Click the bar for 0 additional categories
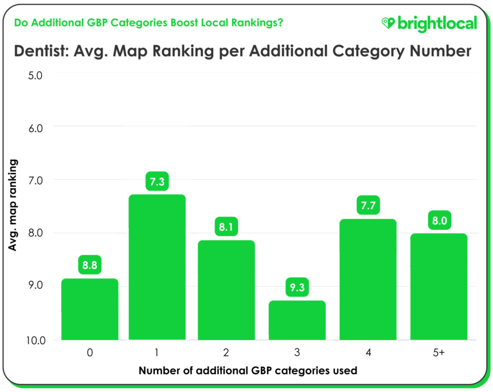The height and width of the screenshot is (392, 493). pyautogui.click(x=89, y=309)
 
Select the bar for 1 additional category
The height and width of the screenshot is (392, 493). pyautogui.click(x=157, y=267)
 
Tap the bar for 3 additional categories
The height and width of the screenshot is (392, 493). pyautogui.click(x=298, y=320)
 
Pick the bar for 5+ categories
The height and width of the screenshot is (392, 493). pyautogui.click(x=439, y=287)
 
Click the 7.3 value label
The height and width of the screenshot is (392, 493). pyautogui.click(x=157, y=182)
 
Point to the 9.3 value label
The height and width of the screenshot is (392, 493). pyautogui.click(x=298, y=288)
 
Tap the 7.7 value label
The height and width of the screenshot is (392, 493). pyautogui.click(x=368, y=206)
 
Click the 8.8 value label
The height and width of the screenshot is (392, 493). pyautogui.click(x=89, y=266)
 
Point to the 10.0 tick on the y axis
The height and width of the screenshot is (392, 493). pyautogui.click(x=34, y=340)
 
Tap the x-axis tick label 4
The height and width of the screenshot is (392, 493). pyautogui.click(x=368, y=353)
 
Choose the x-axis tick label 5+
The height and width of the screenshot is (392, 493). pyautogui.click(x=439, y=353)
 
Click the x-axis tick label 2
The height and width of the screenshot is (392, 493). pyautogui.click(x=227, y=353)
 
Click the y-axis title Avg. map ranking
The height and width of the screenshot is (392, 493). pyautogui.click(x=12, y=205)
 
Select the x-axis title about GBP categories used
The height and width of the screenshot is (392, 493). pyautogui.click(x=248, y=371)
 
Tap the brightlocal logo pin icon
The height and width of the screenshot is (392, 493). pyautogui.click(x=389, y=23)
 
